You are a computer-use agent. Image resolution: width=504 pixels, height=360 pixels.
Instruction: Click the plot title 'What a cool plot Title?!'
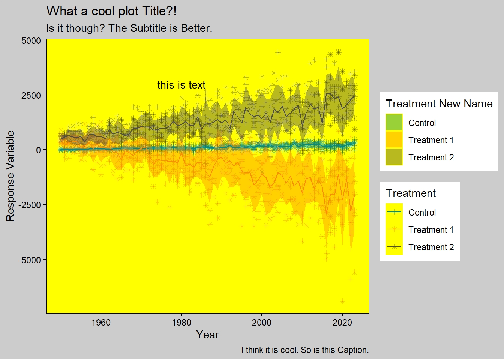(111, 11)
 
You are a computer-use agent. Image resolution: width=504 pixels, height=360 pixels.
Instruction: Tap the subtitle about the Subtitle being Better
(129, 28)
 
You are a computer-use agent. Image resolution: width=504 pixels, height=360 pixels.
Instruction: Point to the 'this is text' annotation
(181, 85)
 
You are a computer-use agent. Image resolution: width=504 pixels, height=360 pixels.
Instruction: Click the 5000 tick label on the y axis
(31, 40)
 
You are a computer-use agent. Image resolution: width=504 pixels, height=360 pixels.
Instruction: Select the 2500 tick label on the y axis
(31, 95)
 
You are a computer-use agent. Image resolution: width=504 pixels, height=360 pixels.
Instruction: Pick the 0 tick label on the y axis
(39, 150)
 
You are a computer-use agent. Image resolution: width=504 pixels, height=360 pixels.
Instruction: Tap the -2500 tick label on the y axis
(30, 205)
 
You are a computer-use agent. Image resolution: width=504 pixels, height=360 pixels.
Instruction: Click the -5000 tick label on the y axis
(30, 260)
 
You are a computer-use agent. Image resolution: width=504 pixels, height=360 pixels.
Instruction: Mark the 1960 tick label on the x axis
(101, 322)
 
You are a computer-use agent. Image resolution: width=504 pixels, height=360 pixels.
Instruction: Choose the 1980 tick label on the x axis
(181, 322)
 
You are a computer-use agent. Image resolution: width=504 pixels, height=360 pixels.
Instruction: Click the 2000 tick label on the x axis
(262, 322)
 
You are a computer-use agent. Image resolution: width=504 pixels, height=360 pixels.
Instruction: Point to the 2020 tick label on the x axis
(342, 322)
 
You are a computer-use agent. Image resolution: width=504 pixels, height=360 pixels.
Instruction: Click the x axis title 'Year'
(207, 335)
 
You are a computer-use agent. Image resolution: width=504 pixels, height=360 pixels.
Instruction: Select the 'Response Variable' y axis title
(10, 176)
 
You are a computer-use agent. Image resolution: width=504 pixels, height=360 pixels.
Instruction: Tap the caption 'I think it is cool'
(305, 350)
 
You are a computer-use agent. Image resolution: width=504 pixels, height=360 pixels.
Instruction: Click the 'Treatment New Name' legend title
(439, 104)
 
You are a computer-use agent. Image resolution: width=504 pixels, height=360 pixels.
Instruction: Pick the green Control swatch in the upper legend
(394, 123)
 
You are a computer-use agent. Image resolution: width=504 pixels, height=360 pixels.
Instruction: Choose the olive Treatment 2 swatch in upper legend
(394, 157)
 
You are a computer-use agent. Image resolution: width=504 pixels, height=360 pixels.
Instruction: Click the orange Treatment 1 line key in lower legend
(394, 229)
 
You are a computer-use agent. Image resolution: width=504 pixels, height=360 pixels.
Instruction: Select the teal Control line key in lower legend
(394, 212)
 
